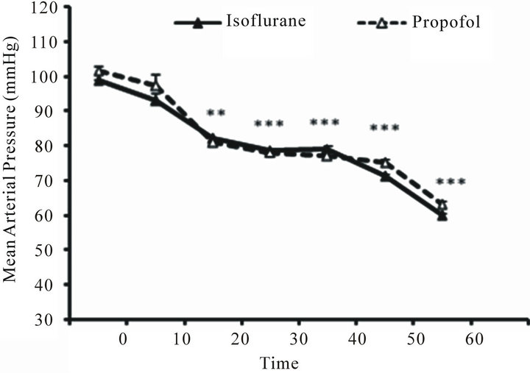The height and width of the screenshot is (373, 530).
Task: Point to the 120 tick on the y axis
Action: tap(49, 7)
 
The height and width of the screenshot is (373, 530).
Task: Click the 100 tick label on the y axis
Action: tap(49, 77)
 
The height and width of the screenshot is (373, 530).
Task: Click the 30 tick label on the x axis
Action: tap(298, 340)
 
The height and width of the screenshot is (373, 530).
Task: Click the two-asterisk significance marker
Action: tap(215, 113)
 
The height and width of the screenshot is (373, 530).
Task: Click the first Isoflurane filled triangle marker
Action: tap(99, 80)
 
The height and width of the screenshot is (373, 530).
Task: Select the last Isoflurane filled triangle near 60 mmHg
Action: tap(442, 215)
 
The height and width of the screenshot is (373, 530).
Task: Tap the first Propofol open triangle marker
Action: tap(99, 72)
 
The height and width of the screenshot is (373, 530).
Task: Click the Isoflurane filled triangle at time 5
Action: tap(156, 99)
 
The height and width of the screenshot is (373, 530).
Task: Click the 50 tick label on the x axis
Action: tap(413, 340)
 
